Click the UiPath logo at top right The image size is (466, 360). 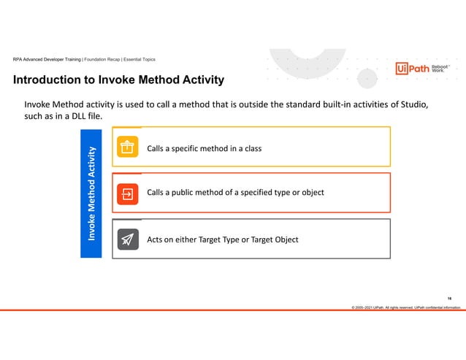click(x=412, y=69)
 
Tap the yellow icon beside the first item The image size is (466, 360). click(x=128, y=148)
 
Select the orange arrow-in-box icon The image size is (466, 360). click(x=128, y=194)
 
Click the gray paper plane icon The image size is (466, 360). click(x=128, y=240)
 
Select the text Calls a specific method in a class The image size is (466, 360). click(x=204, y=149)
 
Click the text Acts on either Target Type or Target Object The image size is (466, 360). click(x=222, y=240)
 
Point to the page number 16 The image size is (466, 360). click(x=449, y=298)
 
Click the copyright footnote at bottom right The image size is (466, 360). click(x=406, y=307)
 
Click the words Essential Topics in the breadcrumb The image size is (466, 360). click(x=138, y=59)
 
